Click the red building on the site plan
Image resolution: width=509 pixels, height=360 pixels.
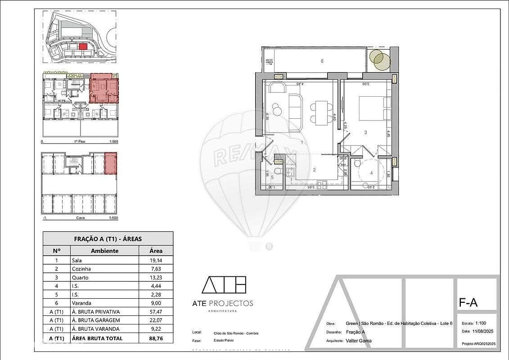tap(82, 46)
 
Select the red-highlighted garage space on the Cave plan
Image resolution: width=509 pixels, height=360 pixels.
tap(110, 163)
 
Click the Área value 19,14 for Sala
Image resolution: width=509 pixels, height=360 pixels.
tap(156, 260)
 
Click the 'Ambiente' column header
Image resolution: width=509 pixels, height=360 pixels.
tap(104, 251)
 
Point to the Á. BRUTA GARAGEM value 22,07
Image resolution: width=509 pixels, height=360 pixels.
tap(156, 320)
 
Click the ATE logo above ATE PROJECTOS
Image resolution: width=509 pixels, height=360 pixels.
tap(224, 285)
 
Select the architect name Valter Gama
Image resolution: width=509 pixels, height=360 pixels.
tap(359, 341)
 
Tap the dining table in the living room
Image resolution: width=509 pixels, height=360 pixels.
tap(322, 113)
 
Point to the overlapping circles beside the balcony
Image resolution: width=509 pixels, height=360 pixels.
tap(378, 60)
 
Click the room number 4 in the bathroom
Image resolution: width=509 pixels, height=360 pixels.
tap(372, 172)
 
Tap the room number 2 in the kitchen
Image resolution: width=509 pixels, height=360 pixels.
tap(315, 170)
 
